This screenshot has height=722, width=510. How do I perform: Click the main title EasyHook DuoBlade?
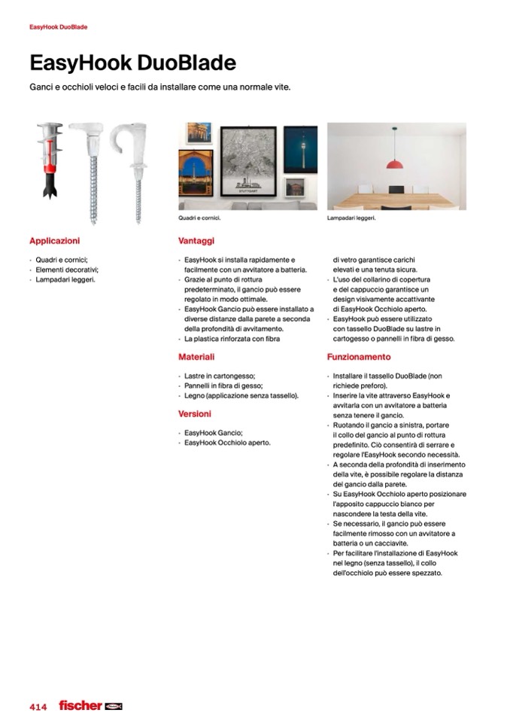point(132,62)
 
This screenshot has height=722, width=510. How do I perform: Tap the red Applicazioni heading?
point(54,241)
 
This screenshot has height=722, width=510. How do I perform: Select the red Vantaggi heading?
point(196,241)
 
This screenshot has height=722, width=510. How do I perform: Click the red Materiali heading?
point(196,357)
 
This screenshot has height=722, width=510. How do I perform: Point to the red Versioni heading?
point(195,414)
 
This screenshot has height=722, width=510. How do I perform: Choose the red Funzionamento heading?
point(359,357)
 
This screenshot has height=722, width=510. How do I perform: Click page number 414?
point(38,707)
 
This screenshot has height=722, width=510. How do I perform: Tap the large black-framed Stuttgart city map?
point(247,162)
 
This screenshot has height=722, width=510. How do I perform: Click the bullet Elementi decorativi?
point(68,270)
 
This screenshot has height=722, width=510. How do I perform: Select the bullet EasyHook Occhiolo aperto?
point(227,443)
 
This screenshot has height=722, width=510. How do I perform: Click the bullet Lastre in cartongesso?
point(220,376)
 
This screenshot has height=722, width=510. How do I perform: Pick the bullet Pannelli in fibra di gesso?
point(223,385)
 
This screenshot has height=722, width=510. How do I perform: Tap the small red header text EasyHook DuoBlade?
point(59,27)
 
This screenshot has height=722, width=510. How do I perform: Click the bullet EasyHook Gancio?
point(214,433)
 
